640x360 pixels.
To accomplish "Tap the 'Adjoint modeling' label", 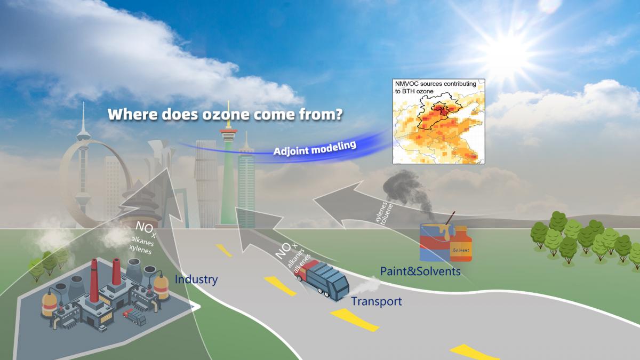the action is (315, 148).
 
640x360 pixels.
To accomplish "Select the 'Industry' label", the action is (196, 279).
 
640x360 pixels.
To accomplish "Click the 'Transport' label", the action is (377, 301).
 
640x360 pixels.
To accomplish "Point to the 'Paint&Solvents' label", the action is (420, 271).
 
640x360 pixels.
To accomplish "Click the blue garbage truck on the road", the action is (323, 280).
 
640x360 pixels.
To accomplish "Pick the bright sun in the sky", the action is (505, 55).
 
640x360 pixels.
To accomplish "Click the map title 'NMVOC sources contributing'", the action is (435, 84).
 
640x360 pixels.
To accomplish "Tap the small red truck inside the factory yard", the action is (134, 317).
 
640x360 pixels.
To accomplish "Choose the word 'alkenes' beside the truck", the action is (303, 264).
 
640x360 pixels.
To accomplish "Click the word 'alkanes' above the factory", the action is (142, 241).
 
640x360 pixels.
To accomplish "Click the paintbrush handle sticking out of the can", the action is (450, 218).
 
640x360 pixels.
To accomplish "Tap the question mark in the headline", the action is (339, 114).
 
